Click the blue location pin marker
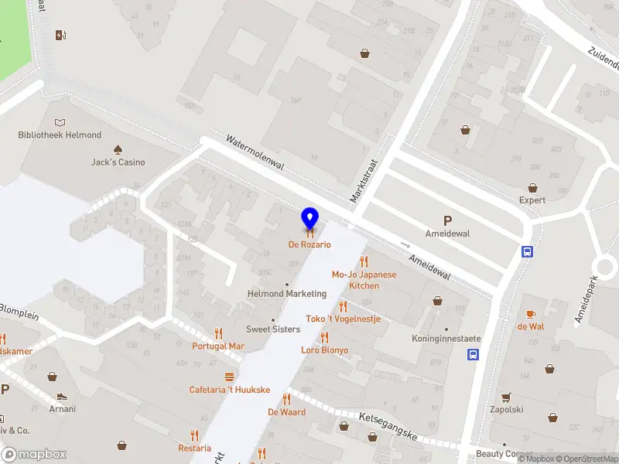tap(309, 219)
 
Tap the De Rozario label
tap(309, 244)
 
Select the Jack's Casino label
tap(118, 162)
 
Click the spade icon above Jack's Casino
tap(118, 148)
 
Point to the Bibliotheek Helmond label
tap(60, 135)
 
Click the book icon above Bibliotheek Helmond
tap(60, 122)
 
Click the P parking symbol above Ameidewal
tap(447, 220)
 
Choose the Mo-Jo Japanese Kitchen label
tap(364, 280)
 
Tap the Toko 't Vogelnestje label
tap(343, 319)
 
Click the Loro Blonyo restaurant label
tap(325, 350)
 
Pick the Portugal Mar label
tap(219, 346)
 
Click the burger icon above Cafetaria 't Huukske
tap(229, 377)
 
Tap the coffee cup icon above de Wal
tap(531, 313)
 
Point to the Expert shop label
tap(532, 200)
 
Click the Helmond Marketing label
tap(286, 294)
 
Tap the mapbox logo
tap(35, 454)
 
